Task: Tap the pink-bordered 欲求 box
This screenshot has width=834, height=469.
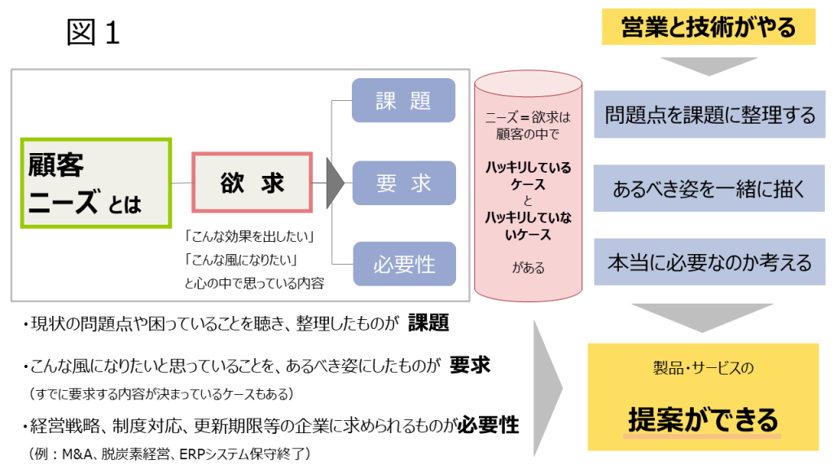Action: point(252,182)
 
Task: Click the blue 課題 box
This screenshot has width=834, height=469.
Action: point(403,100)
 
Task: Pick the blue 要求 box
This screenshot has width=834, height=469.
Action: point(403,182)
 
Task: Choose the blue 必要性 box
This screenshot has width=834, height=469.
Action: point(403,264)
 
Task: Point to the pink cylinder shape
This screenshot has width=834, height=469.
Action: point(529,183)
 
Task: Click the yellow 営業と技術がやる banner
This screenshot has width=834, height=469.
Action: point(708,28)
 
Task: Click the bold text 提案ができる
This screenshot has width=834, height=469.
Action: point(703,420)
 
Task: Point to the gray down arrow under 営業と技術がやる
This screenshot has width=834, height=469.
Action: point(708,66)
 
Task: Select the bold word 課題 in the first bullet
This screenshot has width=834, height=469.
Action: point(428,323)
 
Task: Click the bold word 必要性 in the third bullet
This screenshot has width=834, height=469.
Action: point(488,424)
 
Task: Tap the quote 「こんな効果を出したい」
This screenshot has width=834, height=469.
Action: point(249,237)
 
